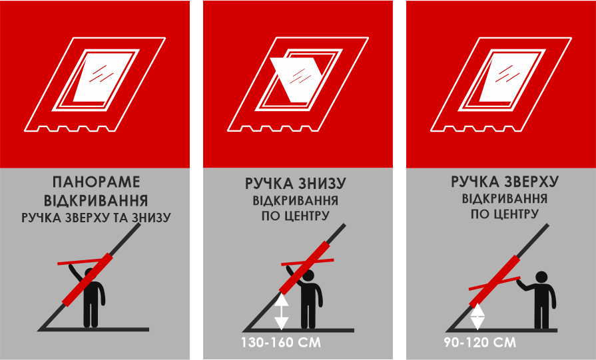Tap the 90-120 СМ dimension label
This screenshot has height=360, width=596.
click(479, 343)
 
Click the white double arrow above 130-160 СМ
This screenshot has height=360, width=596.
click(281, 312)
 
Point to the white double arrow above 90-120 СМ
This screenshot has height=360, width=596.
click(477, 317)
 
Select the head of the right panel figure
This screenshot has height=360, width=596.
click(542, 276)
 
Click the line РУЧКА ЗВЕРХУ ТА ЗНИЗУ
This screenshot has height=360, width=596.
click(96, 218)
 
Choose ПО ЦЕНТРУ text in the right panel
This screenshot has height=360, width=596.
click(505, 214)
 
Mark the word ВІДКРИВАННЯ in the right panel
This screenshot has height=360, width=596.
click(505, 198)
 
